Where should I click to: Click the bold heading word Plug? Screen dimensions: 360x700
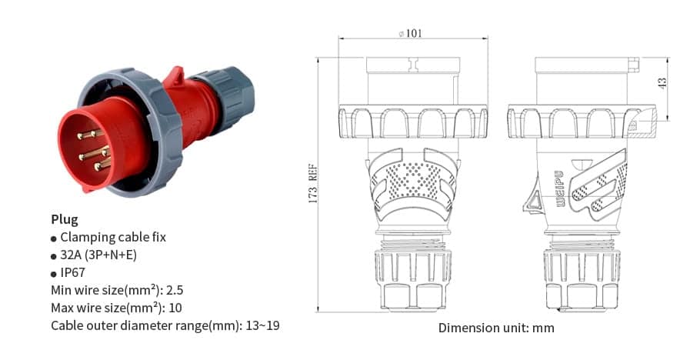tap(65, 219)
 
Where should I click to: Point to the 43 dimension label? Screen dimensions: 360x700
tap(663, 82)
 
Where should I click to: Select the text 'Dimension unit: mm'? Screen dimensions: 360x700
tap(496, 328)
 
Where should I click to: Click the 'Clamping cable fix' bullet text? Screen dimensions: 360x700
tap(113, 237)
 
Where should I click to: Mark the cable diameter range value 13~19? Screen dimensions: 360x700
tap(262, 325)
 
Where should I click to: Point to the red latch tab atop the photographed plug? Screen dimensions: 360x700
tap(175, 76)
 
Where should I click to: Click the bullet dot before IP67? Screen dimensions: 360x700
tap(54, 274)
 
